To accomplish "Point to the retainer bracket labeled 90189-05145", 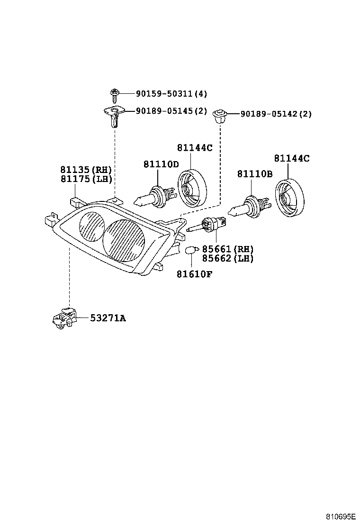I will point(113,116).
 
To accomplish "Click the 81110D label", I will point(161,164).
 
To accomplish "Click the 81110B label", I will point(255,174).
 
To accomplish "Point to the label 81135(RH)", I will point(85,170).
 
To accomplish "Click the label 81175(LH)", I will point(85,179).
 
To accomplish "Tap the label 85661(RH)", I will point(227,249).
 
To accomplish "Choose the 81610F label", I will point(194,273).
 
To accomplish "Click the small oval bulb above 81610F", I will point(191,250).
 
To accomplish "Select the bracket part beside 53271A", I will point(63,318).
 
